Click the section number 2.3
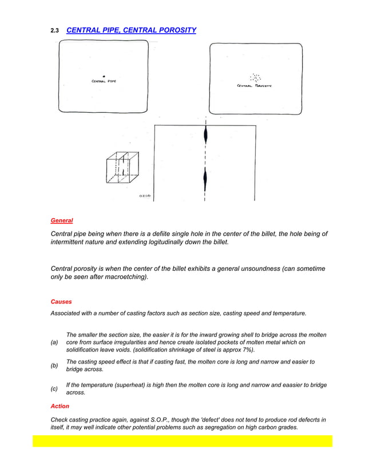(x=55, y=30)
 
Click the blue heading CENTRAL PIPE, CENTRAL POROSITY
(x=131, y=30)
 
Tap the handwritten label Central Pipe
(x=104, y=81)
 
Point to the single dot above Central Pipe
(x=104, y=76)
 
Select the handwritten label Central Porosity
(x=254, y=86)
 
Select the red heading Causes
(x=61, y=301)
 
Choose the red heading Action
(x=60, y=406)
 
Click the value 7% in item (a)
(x=246, y=350)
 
